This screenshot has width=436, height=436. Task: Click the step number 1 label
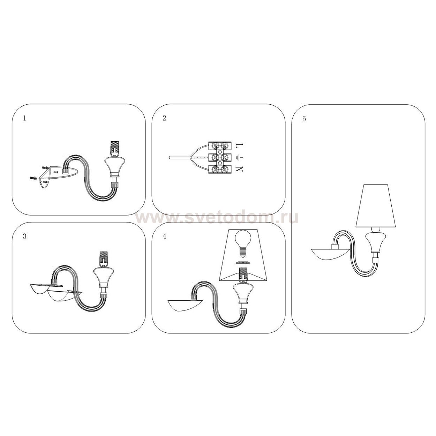[25, 118]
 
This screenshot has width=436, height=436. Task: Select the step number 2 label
[164, 118]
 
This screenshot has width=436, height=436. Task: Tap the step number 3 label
[25, 236]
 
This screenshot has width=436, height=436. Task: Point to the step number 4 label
[164, 236]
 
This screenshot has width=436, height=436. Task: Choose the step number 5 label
[304, 119]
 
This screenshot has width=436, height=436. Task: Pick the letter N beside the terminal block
[239, 169]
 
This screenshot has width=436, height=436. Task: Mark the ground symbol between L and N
[239, 157]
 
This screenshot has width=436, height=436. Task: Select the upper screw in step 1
[45, 168]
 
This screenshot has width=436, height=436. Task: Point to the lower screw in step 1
[33, 178]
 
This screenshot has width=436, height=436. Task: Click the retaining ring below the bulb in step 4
[243, 263]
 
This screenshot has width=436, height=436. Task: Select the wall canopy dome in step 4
[185, 305]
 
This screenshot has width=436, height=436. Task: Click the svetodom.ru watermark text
[217, 218]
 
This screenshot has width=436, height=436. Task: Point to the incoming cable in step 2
[180, 157]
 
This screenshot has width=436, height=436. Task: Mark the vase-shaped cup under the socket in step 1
[115, 166]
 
